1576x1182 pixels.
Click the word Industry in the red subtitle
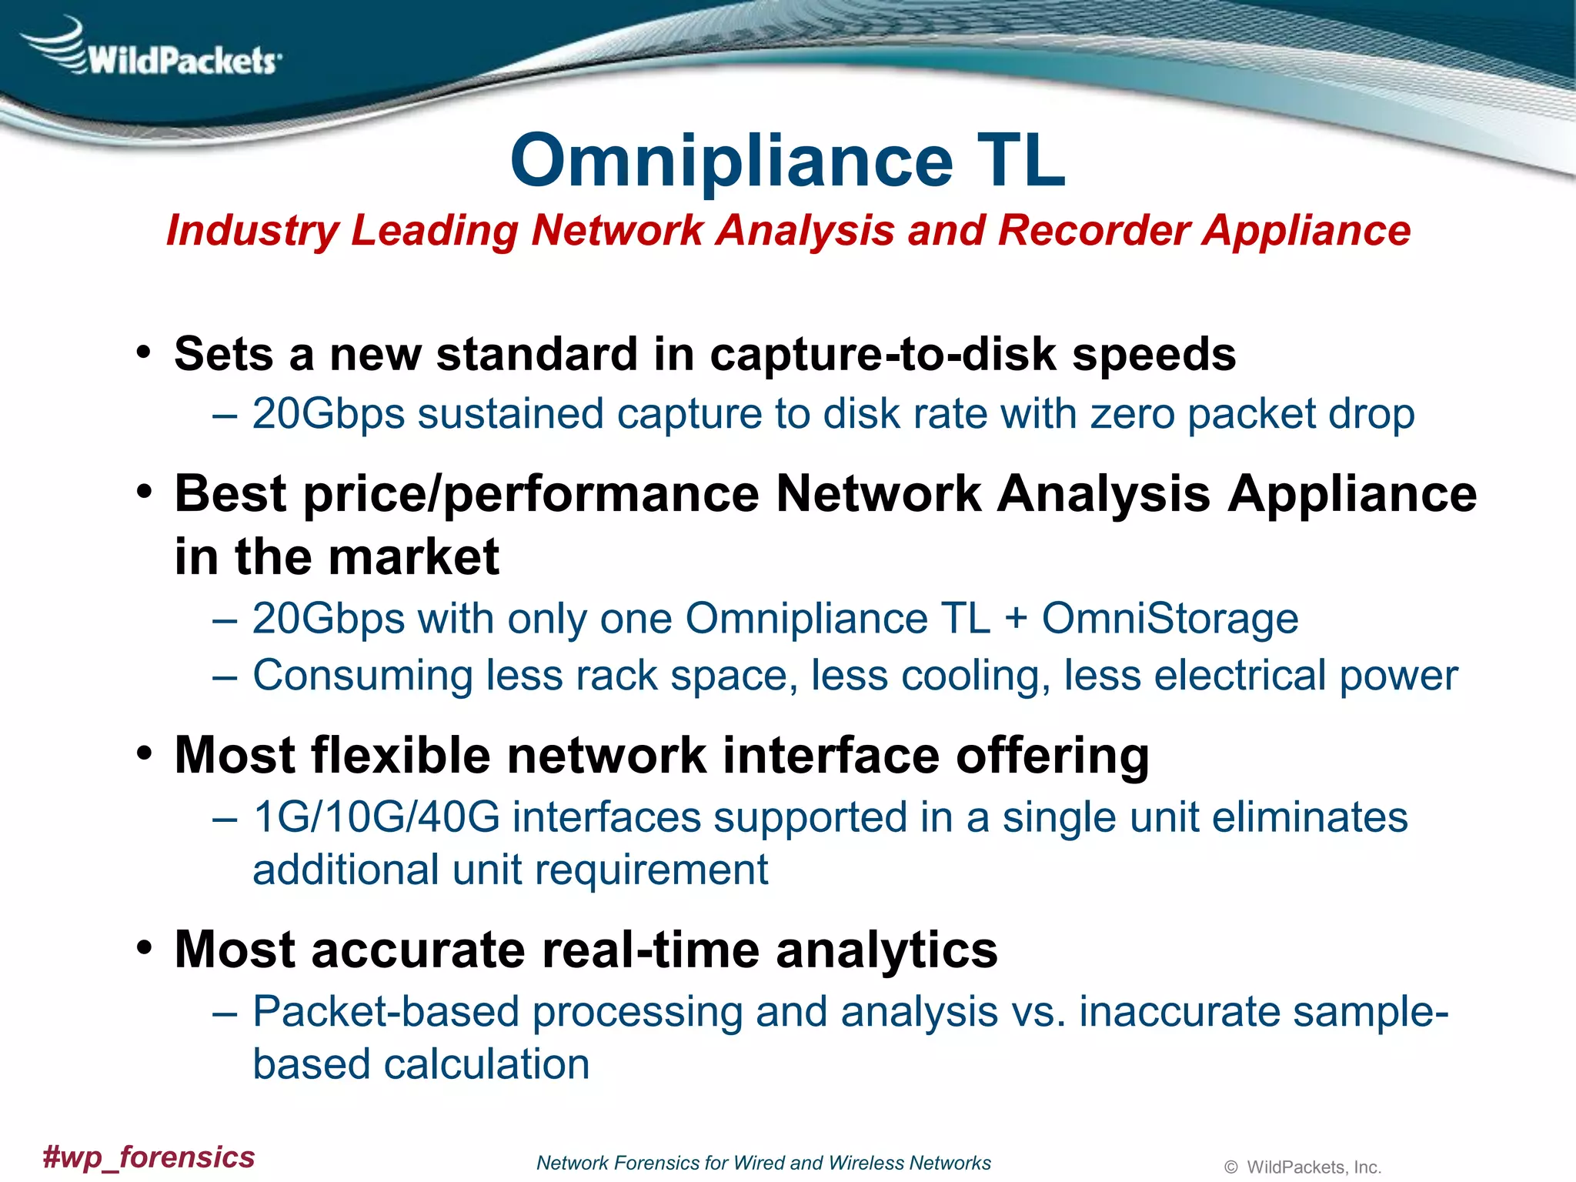pyautogui.click(x=252, y=231)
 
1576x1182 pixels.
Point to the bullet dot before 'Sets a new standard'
pyautogui.click(x=144, y=353)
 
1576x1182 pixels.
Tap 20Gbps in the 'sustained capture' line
pyautogui.click(x=328, y=414)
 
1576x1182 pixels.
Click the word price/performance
pyautogui.click(x=532, y=493)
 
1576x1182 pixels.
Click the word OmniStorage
pyautogui.click(x=1170, y=619)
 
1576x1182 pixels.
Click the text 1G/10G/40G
pyautogui.click(x=376, y=817)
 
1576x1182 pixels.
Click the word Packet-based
pyautogui.click(x=386, y=1012)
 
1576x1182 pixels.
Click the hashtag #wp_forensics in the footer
pyautogui.click(x=149, y=1157)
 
